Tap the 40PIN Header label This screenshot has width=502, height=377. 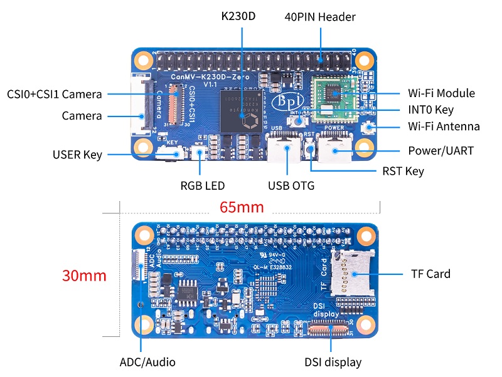320,17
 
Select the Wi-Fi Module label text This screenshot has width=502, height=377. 441,93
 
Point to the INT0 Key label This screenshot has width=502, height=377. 430,110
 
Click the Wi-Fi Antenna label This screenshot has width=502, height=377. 444,127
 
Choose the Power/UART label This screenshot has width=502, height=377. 441,151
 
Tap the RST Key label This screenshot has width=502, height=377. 403,171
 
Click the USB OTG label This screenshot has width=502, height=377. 291,185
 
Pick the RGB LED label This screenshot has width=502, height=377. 203,185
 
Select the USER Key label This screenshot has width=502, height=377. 78,154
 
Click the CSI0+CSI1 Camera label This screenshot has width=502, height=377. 54,94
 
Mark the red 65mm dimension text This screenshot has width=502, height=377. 242,207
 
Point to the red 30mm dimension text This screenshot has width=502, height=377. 84,276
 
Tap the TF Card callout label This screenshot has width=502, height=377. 430,274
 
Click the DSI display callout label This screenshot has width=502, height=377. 333,362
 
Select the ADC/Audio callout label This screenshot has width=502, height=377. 147,362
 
